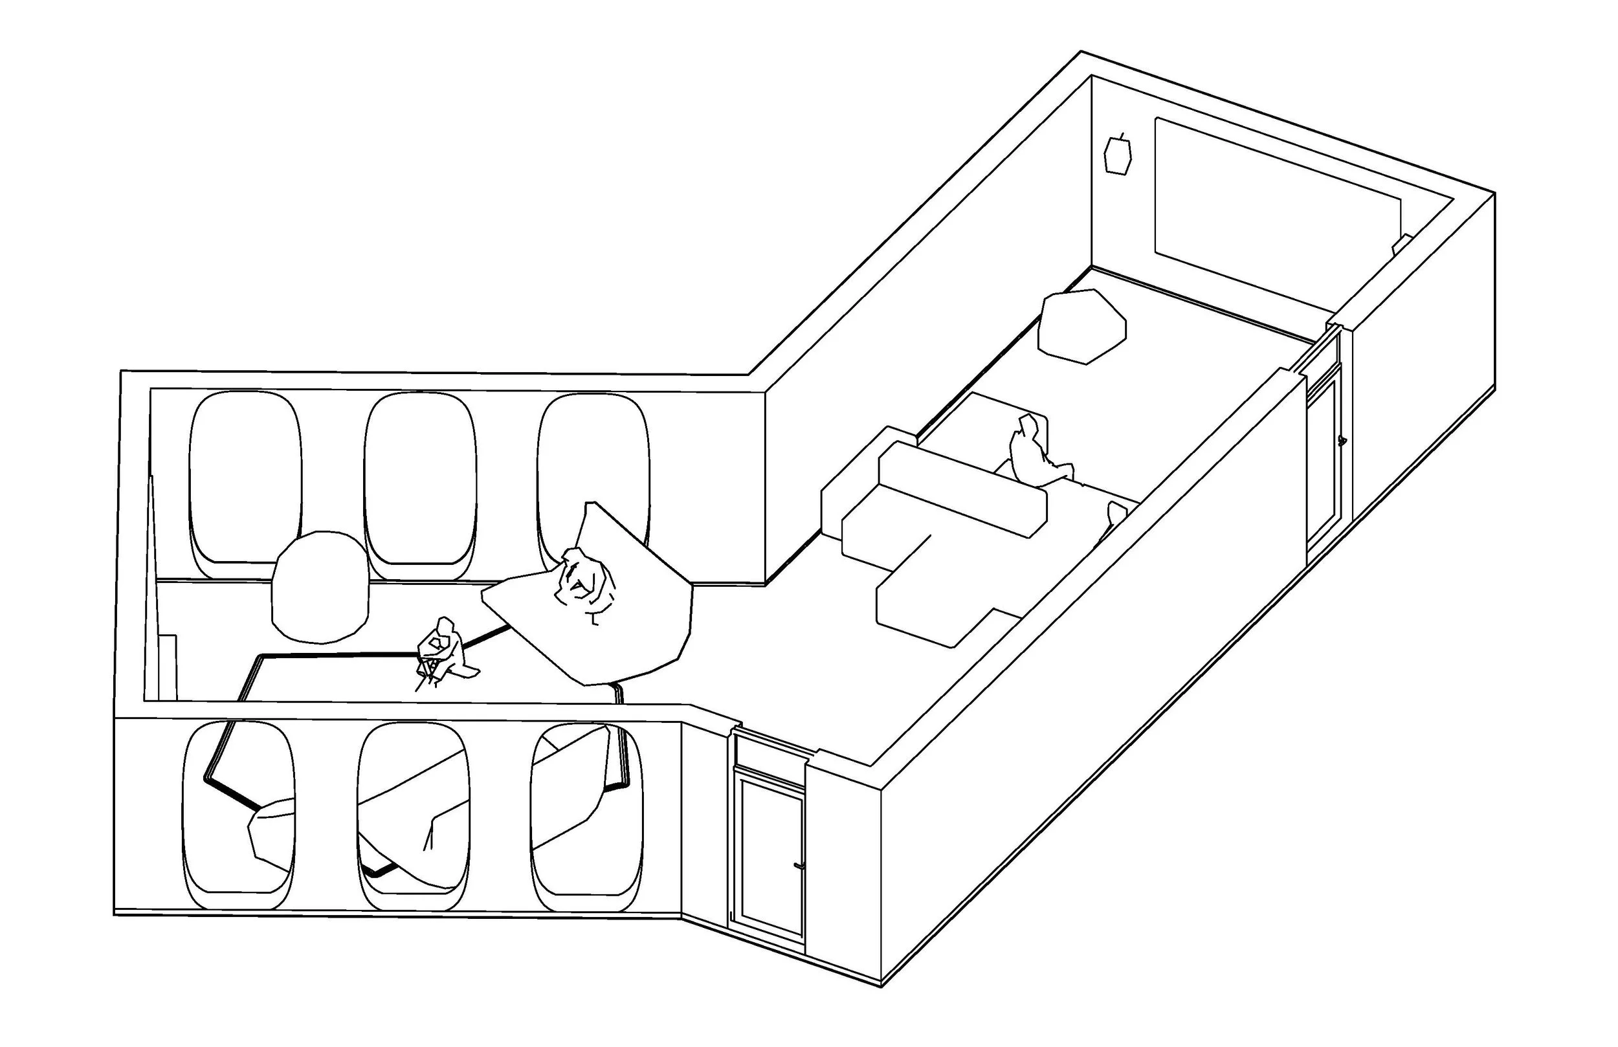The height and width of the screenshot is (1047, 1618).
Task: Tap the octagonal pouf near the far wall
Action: coord(1081,325)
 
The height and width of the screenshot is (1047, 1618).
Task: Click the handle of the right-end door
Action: coord(1341,441)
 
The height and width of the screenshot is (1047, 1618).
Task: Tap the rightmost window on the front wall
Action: coord(586,816)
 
